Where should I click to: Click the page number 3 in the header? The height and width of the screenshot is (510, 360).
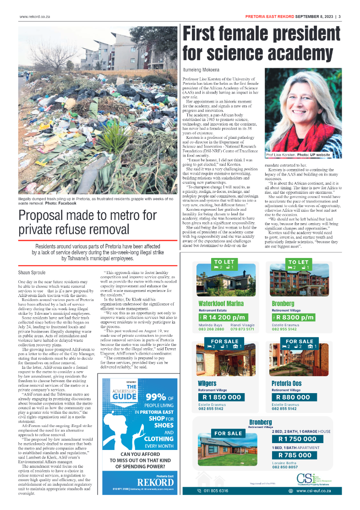339,17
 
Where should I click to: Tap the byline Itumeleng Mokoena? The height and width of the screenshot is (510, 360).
201,70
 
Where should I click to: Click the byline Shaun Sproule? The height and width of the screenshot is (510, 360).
32,272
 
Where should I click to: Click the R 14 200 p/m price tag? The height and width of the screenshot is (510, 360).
223,317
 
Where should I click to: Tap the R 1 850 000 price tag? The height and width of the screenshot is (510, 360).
222,397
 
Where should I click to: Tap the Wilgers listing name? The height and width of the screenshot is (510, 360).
207,383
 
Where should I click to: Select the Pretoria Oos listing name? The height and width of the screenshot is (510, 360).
286,383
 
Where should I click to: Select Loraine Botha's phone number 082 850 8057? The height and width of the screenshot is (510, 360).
285,467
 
